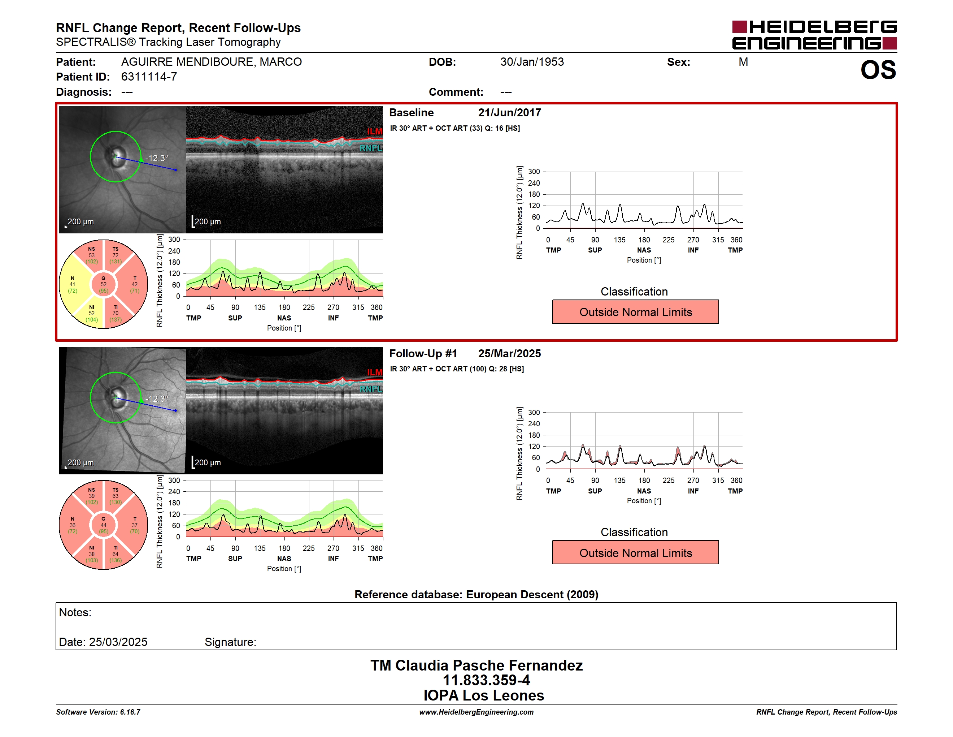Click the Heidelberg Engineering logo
pyautogui.click(x=814, y=35)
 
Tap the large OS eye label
pyautogui.click(x=878, y=70)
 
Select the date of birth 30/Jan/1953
pyautogui.click(x=532, y=62)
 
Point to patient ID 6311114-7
pyautogui.click(x=149, y=77)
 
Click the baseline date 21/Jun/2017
pyautogui.click(x=509, y=113)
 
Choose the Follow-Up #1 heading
pyautogui.click(x=423, y=353)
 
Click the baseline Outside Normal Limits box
pyautogui.click(x=635, y=312)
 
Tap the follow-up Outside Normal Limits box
pyautogui.click(x=635, y=553)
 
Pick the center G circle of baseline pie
pyautogui.click(x=103, y=284)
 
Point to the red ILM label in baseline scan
pyautogui.click(x=374, y=132)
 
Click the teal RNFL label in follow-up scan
pyautogui.click(x=371, y=389)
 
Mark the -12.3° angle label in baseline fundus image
pyautogui.click(x=157, y=158)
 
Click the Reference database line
pyautogui.click(x=476, y=594)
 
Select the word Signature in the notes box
pyautogui.click(x=230, y=642)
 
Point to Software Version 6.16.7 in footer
pyautogui.click(x=98, y=712)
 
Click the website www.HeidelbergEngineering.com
pyautogui.click(x=476, y=712)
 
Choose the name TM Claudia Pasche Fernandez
pyautogui.click(x=476, y=665)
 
